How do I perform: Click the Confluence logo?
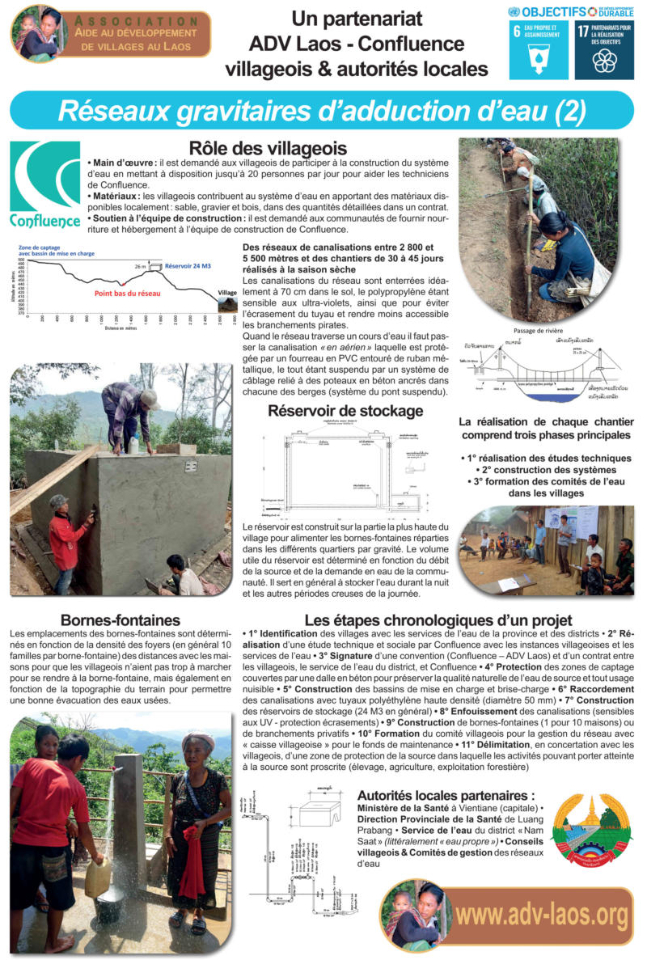[x=45, y=184]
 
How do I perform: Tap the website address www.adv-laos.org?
[x=541, y=915]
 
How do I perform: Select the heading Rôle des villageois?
[x=256, y=149]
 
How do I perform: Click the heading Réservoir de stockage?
[x=345, y=411]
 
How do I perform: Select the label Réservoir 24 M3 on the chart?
[x=188, y=265]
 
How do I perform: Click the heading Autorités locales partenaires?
[x=446, y=794]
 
